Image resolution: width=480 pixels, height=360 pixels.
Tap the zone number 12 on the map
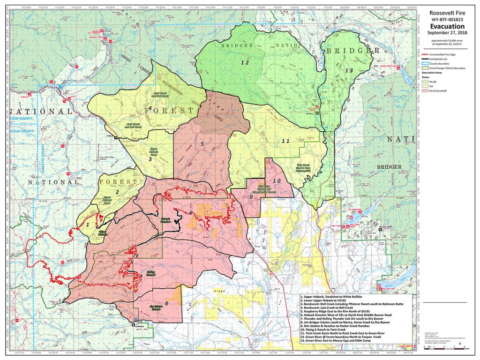244,62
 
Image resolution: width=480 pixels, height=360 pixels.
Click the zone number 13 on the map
348,70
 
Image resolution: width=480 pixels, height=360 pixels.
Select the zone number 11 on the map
286,141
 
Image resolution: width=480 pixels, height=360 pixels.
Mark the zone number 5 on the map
202,144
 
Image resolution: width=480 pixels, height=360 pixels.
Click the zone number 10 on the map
276,181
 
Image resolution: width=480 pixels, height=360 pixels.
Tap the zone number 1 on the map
87,225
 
